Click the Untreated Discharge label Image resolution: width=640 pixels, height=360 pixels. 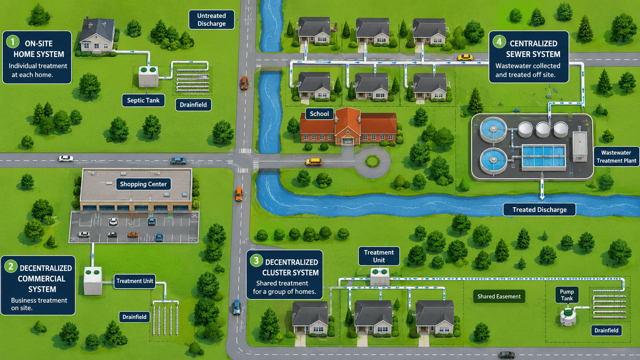[211, 20]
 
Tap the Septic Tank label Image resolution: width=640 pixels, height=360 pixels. [143, 101]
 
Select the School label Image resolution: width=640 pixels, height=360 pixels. [320, 114]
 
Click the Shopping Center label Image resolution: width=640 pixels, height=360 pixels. [143, 184]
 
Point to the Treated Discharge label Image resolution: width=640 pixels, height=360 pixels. [539, 210]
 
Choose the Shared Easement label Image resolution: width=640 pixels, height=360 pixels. [499, 296]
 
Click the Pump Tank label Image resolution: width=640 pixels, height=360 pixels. [566, 295]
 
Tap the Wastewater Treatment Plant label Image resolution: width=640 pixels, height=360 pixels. [616, 157]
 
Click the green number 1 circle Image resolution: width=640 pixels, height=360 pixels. [13, 42]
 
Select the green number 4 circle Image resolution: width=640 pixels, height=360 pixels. [499, 42]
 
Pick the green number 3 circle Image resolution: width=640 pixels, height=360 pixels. [256, 261]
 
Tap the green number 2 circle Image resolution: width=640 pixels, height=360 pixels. [11, 266]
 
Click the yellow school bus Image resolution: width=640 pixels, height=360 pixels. [314, 162]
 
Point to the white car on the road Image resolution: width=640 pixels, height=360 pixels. [66, 159]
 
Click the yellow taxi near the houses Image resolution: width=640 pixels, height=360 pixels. [465, 58]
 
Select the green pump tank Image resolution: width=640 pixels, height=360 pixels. [568, 317]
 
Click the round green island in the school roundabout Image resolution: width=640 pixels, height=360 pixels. [373, 162]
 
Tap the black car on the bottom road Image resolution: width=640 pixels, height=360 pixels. [507, 355]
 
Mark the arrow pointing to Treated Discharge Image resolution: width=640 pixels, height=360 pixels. [542, 190]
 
